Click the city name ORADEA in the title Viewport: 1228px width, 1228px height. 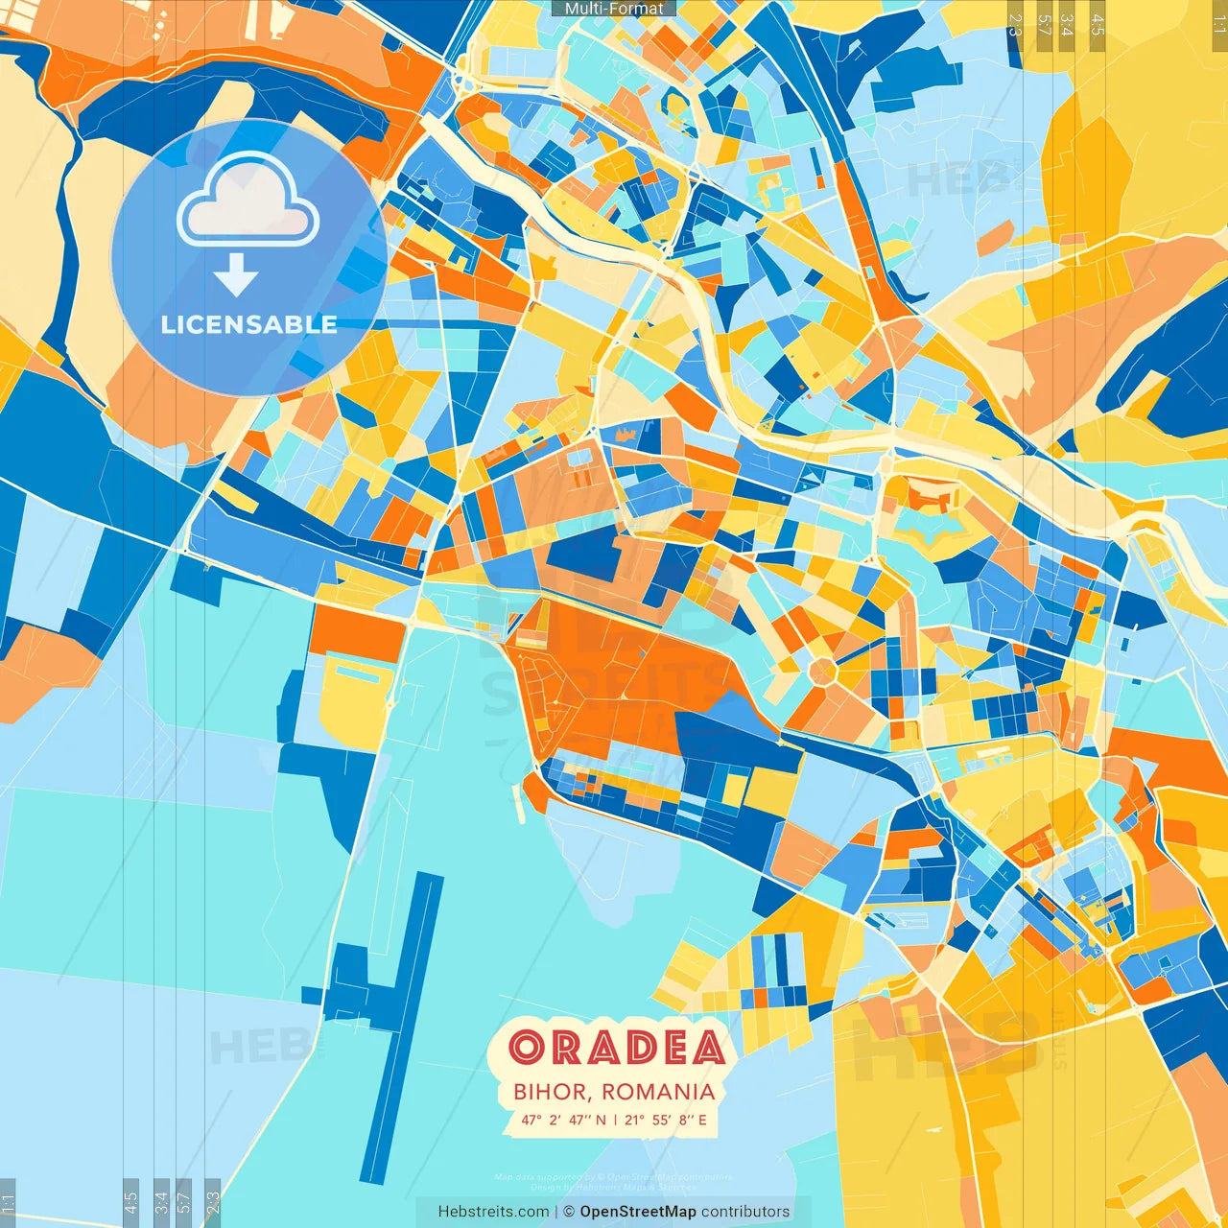(x=616, y=1048)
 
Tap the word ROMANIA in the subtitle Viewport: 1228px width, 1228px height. (x=658, y=1092)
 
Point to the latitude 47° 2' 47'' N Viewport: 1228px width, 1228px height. (x=564, y=1120)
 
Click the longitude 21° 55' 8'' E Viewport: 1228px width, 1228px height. (x=665, y=1120)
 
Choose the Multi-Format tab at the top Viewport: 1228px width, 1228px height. (x=614, y=9)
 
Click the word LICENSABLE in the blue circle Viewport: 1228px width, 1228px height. (x=249, y=324)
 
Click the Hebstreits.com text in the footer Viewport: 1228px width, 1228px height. (x=493, y=1212)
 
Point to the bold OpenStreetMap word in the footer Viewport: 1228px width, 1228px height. (x=638, y=1212)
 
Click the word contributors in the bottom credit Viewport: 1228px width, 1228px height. (x=745, y=1212)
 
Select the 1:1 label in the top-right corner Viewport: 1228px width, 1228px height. (x=1218, y=24)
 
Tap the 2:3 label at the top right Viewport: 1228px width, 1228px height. (x=1015, y=25)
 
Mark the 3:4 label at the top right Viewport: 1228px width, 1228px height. (x=1067, y=25)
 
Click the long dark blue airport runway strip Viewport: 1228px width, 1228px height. (x=402, y=1027)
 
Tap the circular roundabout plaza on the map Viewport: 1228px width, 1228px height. (x=822, y=672)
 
